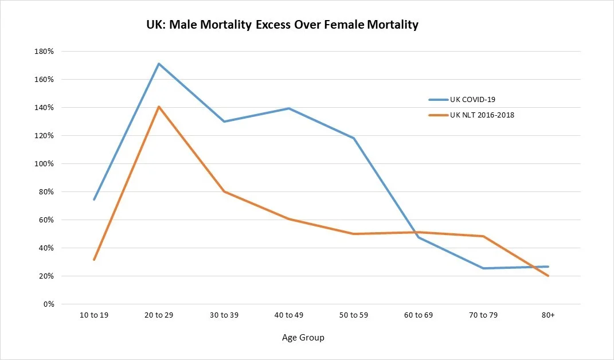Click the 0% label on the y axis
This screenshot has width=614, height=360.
coord(48,304)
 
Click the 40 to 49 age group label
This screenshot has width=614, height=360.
coord(288,316)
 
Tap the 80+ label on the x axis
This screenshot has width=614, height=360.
coord(548,316)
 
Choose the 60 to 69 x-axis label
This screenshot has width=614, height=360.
coord(418,316)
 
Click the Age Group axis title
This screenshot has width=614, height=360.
coord(303,338)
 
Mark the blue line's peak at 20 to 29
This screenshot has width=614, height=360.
coord(158,64)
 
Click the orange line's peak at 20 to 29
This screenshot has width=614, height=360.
coord(158,107)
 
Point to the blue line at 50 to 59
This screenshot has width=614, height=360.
coord(353,138)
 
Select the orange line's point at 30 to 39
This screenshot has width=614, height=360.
coord(224,191)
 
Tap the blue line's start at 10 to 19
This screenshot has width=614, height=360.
coord(93,199)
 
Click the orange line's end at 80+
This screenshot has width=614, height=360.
coord(548,276)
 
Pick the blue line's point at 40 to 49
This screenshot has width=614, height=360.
coord(288,108)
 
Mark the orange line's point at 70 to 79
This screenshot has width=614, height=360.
coord(483,236)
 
